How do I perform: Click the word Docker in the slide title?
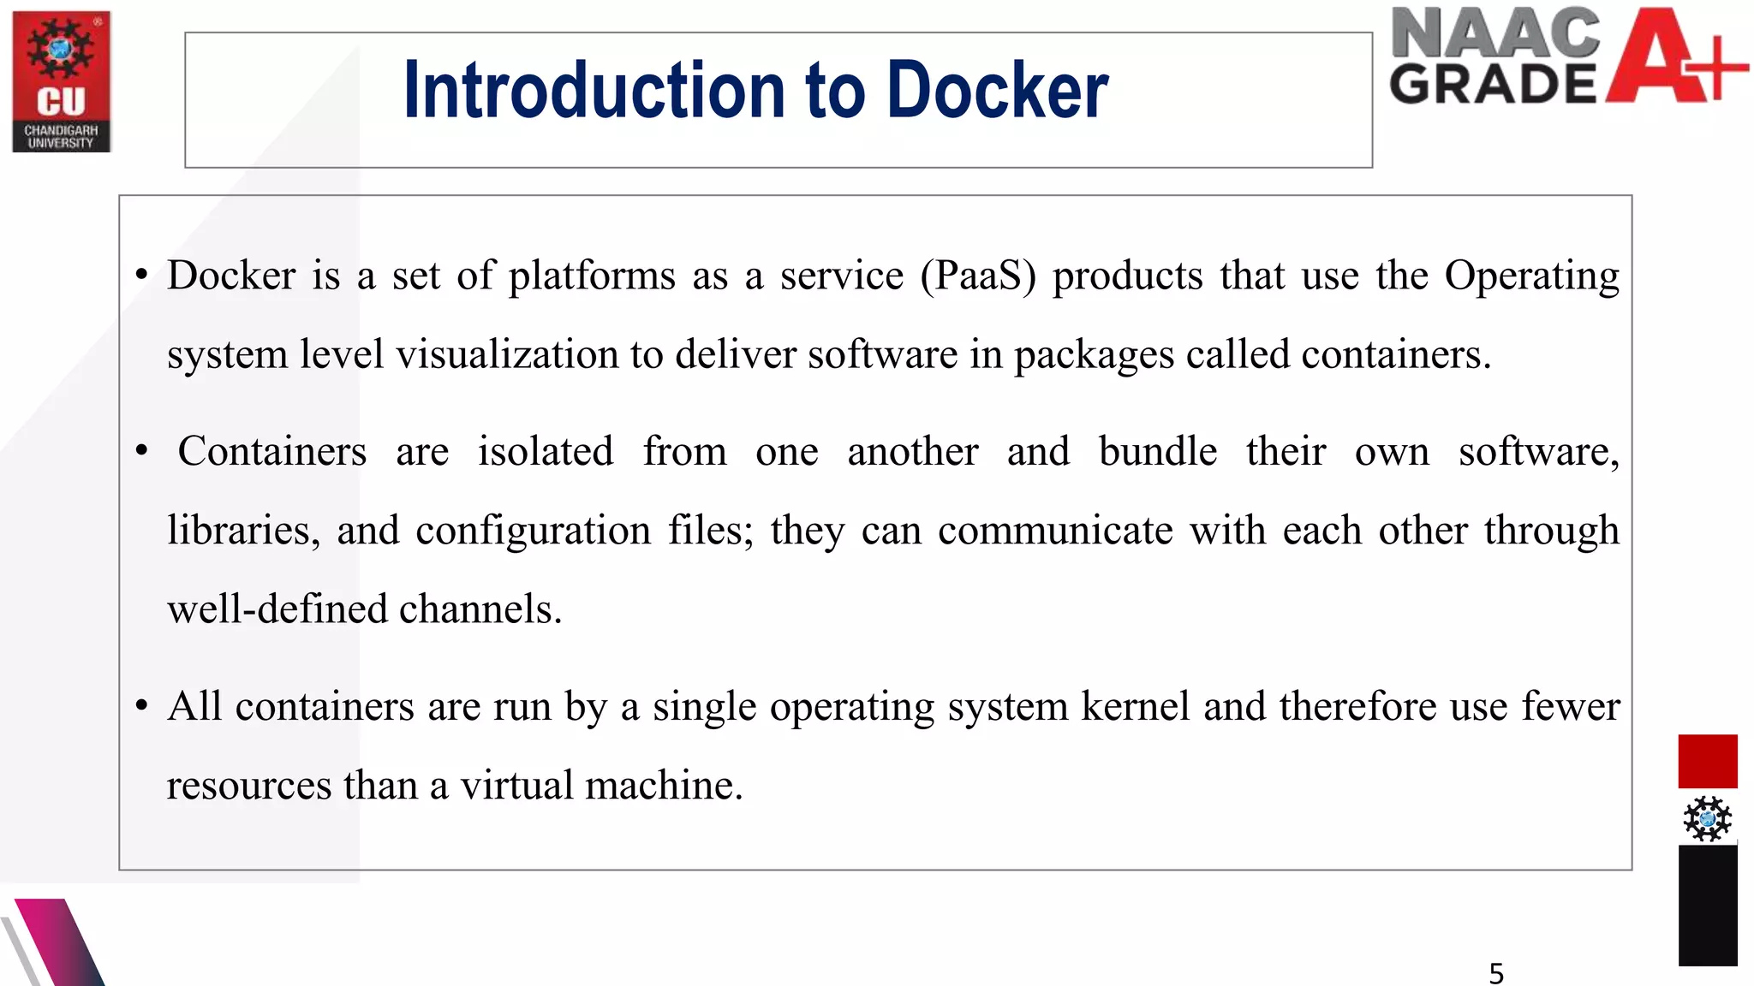click(998, 90)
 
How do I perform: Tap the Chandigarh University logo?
click(62, 81)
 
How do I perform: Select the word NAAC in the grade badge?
click(1494, 34)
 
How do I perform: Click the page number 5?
click(1496, 973)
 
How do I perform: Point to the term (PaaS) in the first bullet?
click(978, 276)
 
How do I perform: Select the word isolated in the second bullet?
click(546, 451)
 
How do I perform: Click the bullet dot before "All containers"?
click(142, 707)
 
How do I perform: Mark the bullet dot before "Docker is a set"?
click(142, 276)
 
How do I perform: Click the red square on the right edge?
click(1707, 761)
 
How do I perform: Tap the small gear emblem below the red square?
click(1707, 818)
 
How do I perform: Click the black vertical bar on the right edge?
click(1707, 906)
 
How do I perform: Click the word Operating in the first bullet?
click(1531, 276)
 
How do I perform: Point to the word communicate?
click(1055, 531)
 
